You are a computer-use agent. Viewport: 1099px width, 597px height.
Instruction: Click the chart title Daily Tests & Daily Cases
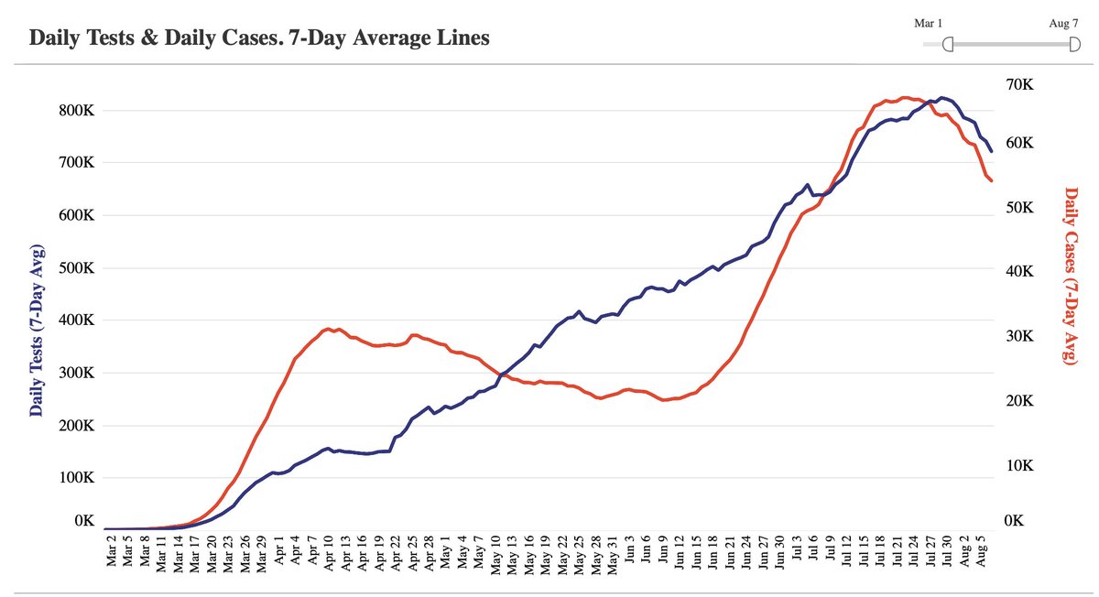click(259, 38)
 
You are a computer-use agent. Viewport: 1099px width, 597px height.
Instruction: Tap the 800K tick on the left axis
click(77, 110)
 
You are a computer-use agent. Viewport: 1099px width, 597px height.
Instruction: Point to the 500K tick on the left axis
click(77, 268)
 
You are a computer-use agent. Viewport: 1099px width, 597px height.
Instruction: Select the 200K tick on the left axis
click(77, 426)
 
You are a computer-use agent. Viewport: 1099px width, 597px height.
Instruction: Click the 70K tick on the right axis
click(1018, 84)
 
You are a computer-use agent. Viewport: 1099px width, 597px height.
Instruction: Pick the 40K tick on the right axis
click(1018, 272)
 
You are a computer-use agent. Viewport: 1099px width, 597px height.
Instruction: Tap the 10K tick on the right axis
click(1018, 465)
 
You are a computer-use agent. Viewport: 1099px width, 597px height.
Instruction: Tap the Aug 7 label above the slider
click(1063, 22)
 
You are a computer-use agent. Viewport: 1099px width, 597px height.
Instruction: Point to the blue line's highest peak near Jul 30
click(941, 97)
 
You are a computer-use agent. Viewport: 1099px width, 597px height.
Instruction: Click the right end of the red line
click(992, 181)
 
